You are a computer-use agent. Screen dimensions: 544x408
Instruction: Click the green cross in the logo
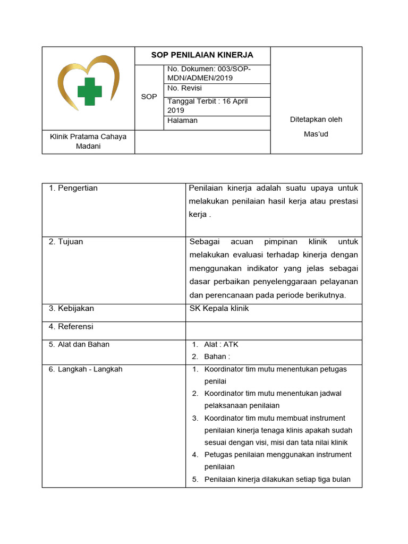[x=89, y=91]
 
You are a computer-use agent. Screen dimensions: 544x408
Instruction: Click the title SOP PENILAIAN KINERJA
[x=202, y=55]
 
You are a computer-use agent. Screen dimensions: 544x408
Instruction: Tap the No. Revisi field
[x=184, y=88]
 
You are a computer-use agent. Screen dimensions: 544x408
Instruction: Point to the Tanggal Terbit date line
[x=207, y=106]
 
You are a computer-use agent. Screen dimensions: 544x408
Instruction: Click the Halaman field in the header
[x=182, y=121]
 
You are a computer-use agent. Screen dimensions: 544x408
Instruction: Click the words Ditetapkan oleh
[x=316, y=120]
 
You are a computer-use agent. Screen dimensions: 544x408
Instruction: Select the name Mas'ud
[x=316, y=134]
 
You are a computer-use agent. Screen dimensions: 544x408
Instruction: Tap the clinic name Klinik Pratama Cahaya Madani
[x=88, y=141]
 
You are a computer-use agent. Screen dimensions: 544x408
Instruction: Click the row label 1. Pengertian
[x=73, y=188]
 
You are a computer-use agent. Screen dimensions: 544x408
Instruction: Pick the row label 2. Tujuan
[x=66, y=242]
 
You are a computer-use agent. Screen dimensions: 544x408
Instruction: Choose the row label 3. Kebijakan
[x=71, y=308]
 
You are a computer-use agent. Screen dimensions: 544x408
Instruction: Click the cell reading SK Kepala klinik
[x=219, y=308]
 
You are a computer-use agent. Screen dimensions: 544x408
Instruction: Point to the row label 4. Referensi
[x=71, y=327]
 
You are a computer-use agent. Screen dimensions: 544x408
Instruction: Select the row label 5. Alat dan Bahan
[x=79, y=344]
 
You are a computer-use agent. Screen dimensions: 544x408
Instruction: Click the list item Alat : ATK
[x=221, y=344]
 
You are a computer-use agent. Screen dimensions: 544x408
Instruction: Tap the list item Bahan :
[x=217, y=356]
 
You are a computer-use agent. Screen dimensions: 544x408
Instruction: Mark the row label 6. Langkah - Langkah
[x=85, y=369]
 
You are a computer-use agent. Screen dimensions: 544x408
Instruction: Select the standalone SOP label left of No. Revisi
[x=149, y=97]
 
